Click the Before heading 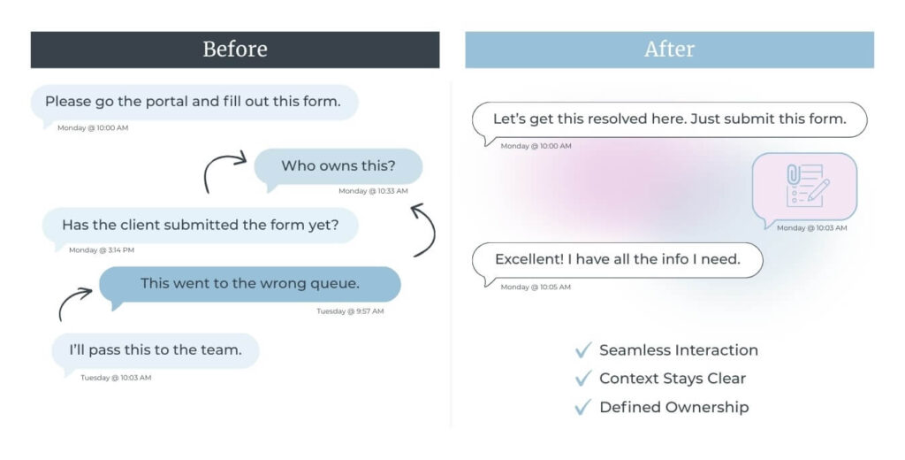click(235, 50)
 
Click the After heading click(670, 50)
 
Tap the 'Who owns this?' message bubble click(338, 166)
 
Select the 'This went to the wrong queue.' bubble click(250, 284)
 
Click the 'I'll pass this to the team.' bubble click(156, 351)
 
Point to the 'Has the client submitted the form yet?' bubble click(201, 226)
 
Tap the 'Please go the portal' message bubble click(194, 103)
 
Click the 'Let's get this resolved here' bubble click(670, 120)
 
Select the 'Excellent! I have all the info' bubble click(618, 261)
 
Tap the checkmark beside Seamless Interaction click(583, 350)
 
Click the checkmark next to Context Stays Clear click(583, 379)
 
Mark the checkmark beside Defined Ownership click(583, 408)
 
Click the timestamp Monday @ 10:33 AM click(374, 191)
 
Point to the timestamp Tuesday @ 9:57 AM click(350, 311)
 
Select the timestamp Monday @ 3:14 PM click(102, 250)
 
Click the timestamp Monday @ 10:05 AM click(536, 287)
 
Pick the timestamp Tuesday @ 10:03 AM click(116, 378)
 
